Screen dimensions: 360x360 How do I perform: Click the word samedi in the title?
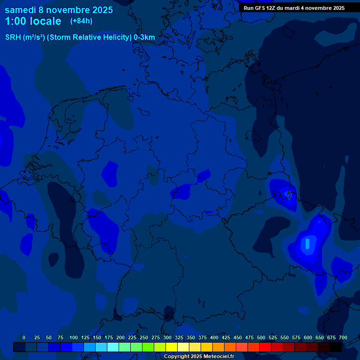pyautogui.click(x=21, y=10)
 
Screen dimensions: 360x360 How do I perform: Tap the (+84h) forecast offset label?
pyautogui.click(x=81, y=21)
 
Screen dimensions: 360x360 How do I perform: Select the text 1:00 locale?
pyautogui.click(x=33, y=21)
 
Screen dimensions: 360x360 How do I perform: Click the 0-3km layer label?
pyautogui.click(x=144, y=37)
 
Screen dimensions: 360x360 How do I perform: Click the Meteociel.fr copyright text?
pyautogui.click(x=199, y=357)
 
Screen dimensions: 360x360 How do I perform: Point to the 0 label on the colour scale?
pyautogui.click(x=24, y=338)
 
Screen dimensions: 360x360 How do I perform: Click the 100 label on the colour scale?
pyautogui.click(x=74, y=338)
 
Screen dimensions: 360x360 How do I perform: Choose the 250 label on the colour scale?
pyautogui.click(x=144, y=338)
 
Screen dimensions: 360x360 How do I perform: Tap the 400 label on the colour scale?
pyautogui.click(x=214, y=338)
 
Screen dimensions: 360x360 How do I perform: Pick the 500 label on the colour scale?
pyautogui.click(x=261, y=338)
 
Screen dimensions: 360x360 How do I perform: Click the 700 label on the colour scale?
pyautogui.click(x=343, y=338)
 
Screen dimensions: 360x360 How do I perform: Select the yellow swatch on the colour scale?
pyautogui.click(x=172, y=347)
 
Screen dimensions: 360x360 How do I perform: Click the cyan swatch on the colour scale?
pyautogui.click(x=113, y=347)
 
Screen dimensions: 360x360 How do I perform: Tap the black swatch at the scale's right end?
pyautogui.click(x=336, y=347)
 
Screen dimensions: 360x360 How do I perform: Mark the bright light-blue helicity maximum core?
pyautogui.click(x=307, y=244)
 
